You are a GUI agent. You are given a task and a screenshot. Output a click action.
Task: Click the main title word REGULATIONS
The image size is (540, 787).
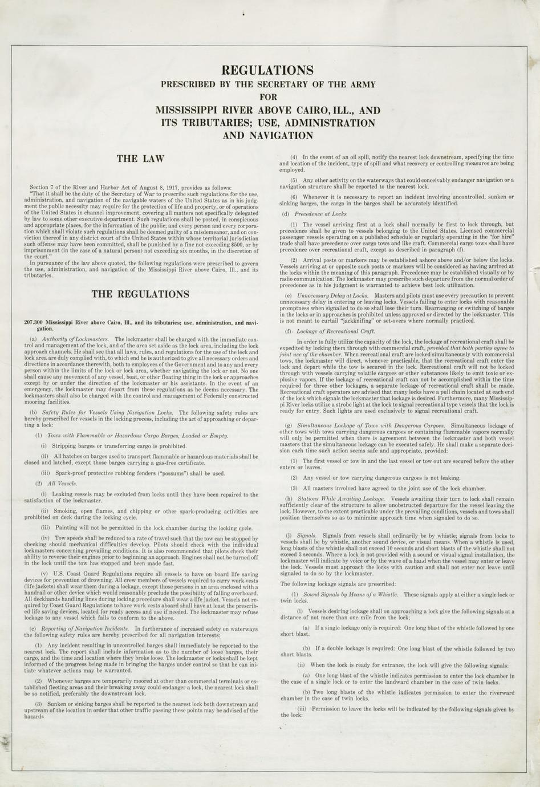[x=267, y=70]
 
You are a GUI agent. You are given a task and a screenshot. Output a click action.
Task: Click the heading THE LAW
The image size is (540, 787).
[x=140, y=159]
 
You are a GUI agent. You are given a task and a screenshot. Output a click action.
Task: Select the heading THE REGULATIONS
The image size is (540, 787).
[x=140, y=294]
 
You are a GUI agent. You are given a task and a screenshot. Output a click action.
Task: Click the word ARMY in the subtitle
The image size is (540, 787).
[x=361, y=84]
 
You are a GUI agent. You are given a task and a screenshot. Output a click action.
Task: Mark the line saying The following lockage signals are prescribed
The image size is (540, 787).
[x=338, y=583]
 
